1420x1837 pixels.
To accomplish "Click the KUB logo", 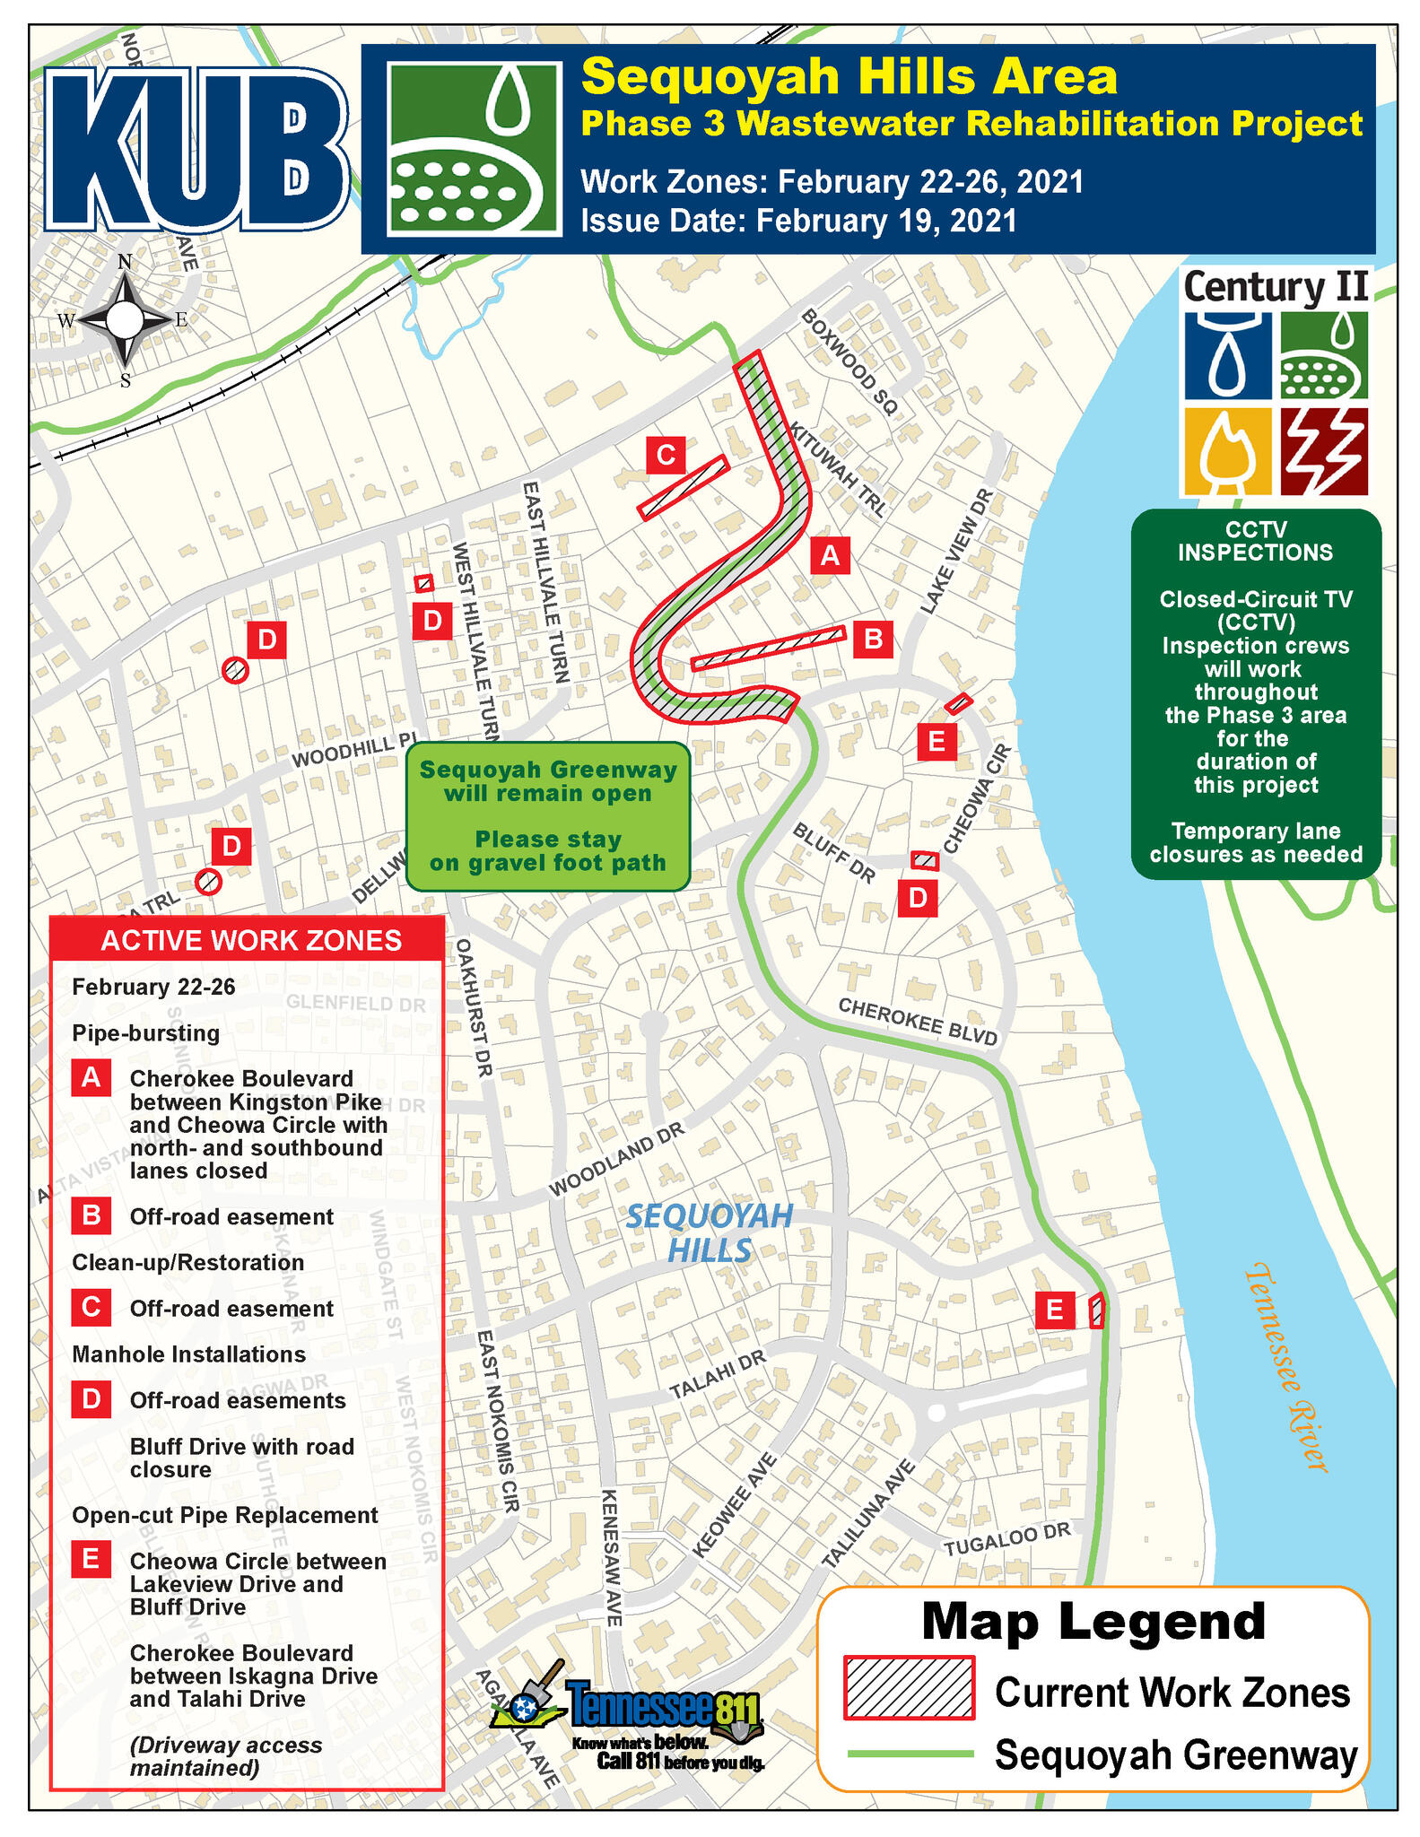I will click(x=196, y=148).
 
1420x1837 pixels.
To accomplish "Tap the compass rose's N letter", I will click(x=125, y=262).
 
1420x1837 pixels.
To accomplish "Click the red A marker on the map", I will click(x=830, y=555).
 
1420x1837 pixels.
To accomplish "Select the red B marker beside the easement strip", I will click(x=872, y=639).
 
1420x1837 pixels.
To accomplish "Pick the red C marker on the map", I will click(x=666, y=456).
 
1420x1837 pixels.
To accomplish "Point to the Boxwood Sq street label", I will click(x=849, y=362).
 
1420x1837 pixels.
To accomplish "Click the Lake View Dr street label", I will click(x=957, y=551).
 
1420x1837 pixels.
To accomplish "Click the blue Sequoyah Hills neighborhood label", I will click(x=709, y=1232).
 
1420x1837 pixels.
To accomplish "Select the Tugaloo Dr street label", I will click(x=1007, y=1539).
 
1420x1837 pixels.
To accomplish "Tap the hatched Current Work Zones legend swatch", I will click(x=909, y=1688).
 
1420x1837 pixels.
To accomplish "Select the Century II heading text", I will click(x=1275, y=288).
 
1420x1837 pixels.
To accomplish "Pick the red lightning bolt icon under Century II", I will click(x=1324, y=451).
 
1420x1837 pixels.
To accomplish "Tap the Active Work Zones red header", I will click(x=250, y=940).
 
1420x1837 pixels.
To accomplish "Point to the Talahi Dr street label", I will click(x=718, y=1375).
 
